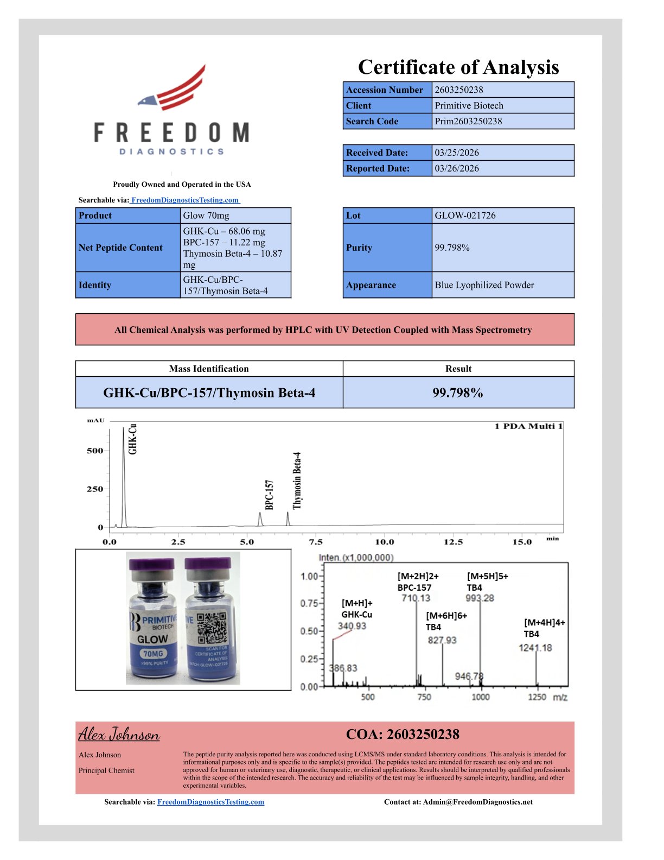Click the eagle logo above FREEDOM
pyautogui.click(x=173, y=89)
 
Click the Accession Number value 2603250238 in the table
pyautogui.click(x=459, y=90)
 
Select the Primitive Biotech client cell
pyautogui.click(x=469, y=105)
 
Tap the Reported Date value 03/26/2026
pyautogui.click(x=457, y=168)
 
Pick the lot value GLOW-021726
pyautogui.click(x=465, y=216)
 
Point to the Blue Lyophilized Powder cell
pyautogui.click(x=484, y=285)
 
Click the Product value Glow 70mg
pyautogui.click(x=206, y=216)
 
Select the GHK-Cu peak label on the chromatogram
pyautogui.click(x=132, y=439)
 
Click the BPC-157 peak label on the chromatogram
pyautogui.click(x=270, y=495)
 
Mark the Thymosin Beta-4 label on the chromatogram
pyautogui.click(x=297, y=480)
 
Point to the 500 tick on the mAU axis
pyautogui.click(x=95, y=451)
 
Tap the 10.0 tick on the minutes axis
pyautogui.click(x=385, y=542)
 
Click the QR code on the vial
pyautogui.click(x=212, y=628)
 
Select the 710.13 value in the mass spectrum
pyautogui.click(x=416, y=598)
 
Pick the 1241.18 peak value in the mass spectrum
pyautogui.click(x=535, y=648)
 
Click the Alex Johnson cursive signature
pyautogui.click(x=119, y=735)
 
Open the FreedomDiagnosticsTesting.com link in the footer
pyautogui.click(x=210, y=802)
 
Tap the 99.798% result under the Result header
pyautogui.click(x=458, y=393)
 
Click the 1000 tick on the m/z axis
pyautogui.click(x=480, y=697)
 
